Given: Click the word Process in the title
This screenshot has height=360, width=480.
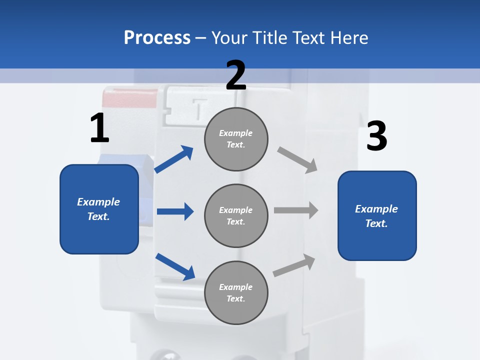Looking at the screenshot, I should pos(157,38).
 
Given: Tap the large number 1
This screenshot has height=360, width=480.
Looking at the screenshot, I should pos(99,128).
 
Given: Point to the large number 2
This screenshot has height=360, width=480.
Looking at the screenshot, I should pos(236,75).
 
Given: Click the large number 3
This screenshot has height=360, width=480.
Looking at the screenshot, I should pos(376,136).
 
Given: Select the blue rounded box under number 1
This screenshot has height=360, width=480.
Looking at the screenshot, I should pos(99,209).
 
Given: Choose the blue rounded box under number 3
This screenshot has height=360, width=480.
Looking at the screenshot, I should pos(377,216).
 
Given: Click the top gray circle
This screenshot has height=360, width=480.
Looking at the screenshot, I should pos(236,139).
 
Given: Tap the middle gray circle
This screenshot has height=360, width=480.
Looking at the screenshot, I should pos(236,215).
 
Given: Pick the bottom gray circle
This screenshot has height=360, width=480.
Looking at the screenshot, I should pos(236,292).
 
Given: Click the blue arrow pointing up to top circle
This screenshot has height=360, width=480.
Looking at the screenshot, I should pos(174,159).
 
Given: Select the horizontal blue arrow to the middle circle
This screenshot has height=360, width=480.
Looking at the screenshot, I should pos(175,211).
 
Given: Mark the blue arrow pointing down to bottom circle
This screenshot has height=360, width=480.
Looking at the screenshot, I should pos(175,266).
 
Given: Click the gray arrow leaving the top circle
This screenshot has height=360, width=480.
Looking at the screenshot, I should pos(297,160).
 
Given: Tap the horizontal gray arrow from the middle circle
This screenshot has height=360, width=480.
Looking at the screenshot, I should pos(295,210).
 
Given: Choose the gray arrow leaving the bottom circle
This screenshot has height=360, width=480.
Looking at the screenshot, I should pos(294,265).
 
